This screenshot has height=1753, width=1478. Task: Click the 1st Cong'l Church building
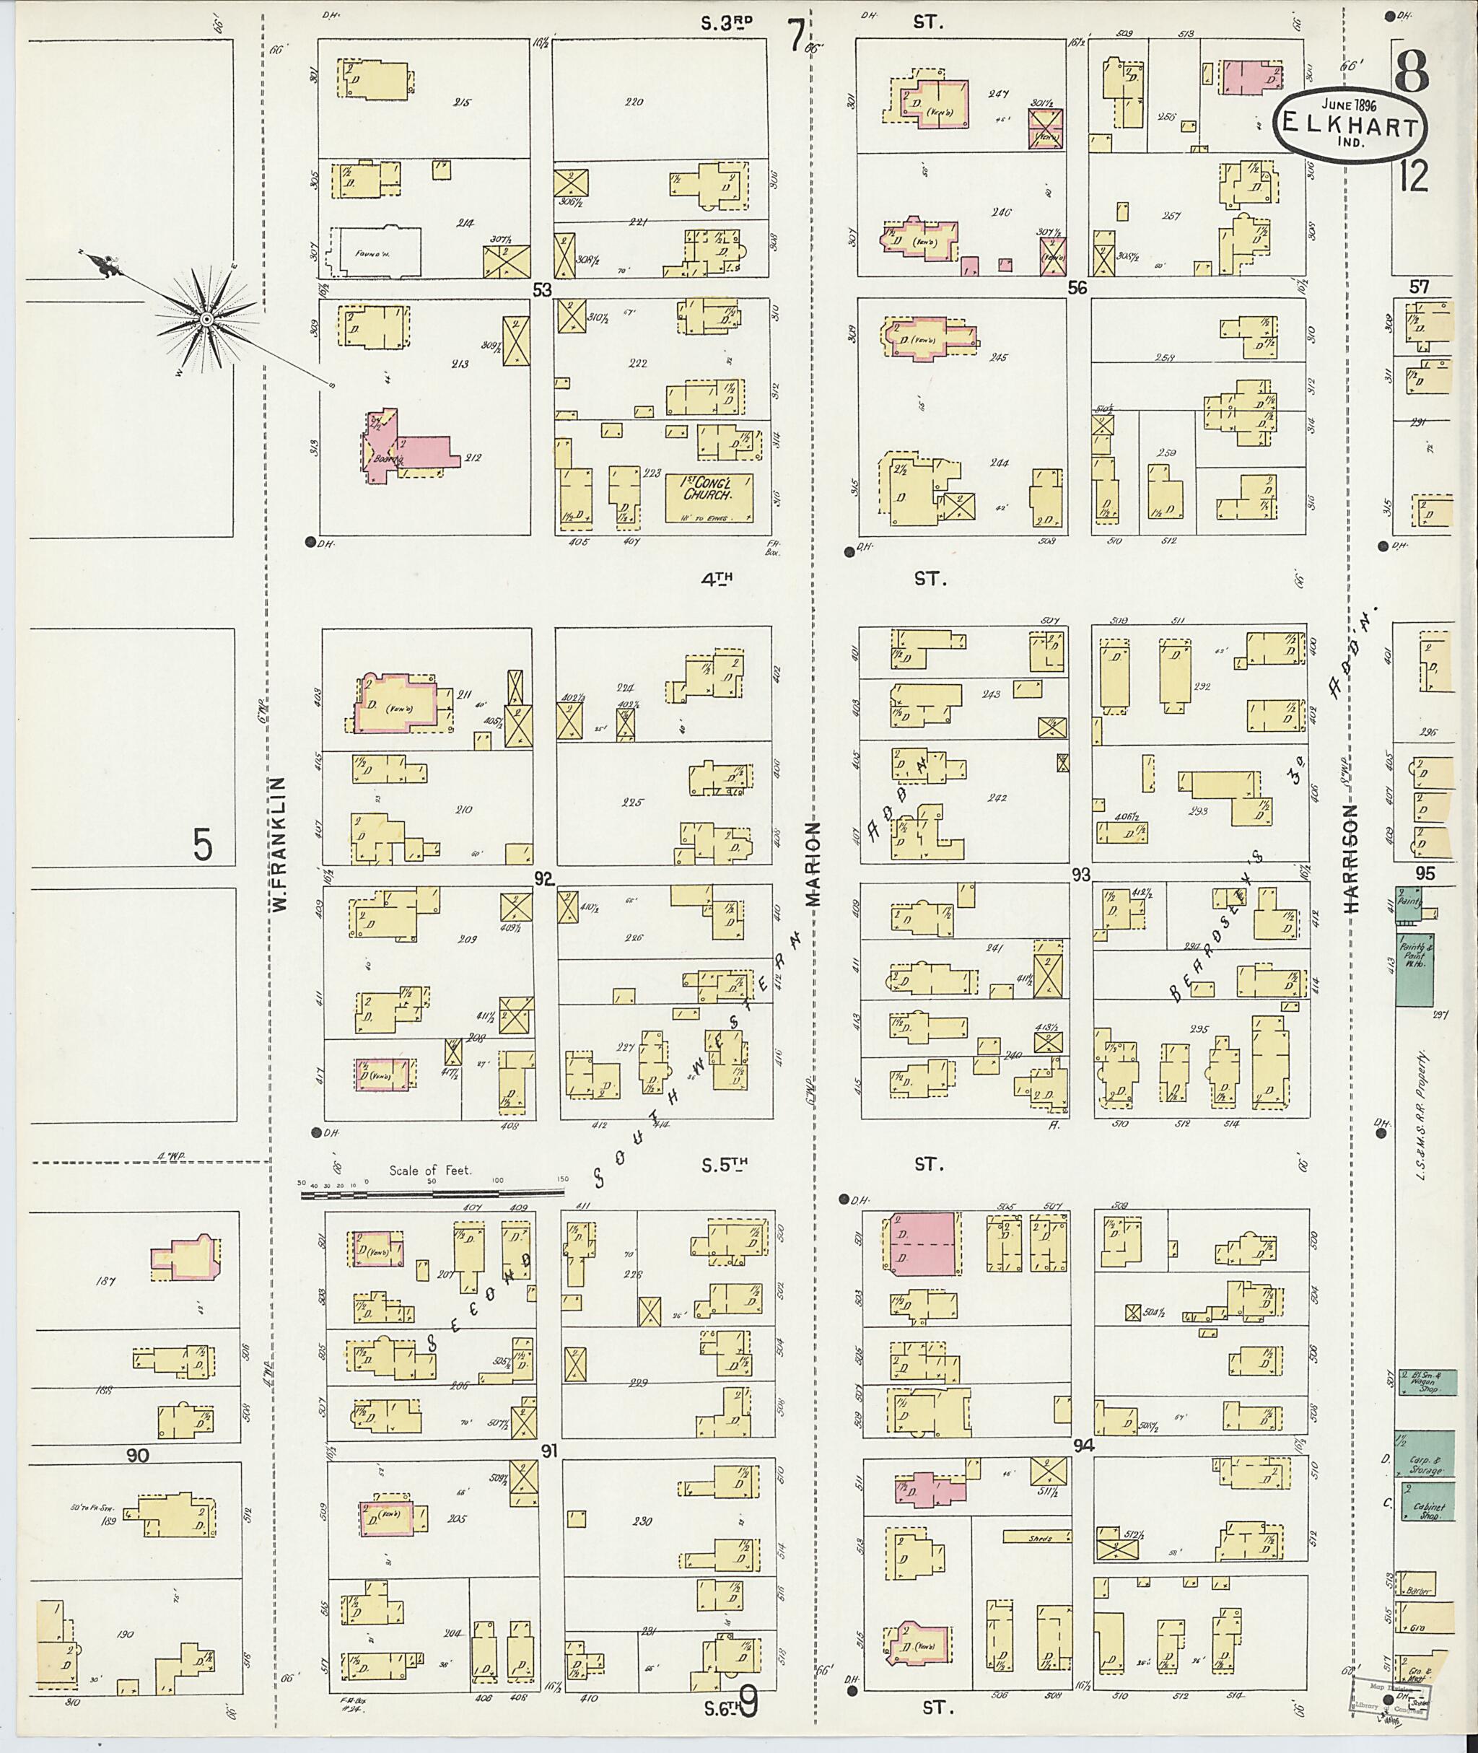click(x=708, y=499)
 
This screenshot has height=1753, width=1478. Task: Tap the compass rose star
click(x=204, y=318)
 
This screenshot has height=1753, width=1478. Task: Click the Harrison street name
click(x=1350, y=859)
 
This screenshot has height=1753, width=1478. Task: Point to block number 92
click(x=545, y=879)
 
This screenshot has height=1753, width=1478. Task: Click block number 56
click(x=1077, y=287)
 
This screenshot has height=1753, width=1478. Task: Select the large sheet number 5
click(x=203, y=847)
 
